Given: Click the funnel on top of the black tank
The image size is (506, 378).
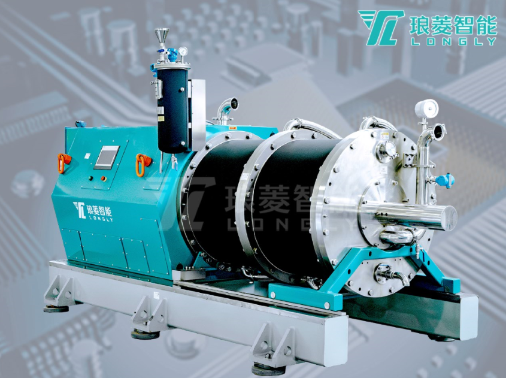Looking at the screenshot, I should click(161, 35).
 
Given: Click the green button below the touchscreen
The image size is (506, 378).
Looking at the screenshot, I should click(102, 177).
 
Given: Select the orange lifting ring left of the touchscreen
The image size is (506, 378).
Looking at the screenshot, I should click(63, 162).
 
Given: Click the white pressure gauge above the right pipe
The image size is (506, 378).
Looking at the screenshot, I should click(426, 109).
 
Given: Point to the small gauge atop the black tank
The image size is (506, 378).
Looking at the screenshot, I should click(182, 52).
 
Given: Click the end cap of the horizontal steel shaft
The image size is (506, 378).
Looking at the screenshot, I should click(449, 217).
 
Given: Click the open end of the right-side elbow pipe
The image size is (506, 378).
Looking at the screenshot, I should click(440, 131).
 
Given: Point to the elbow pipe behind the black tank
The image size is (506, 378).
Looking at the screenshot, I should click(226, 108).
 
